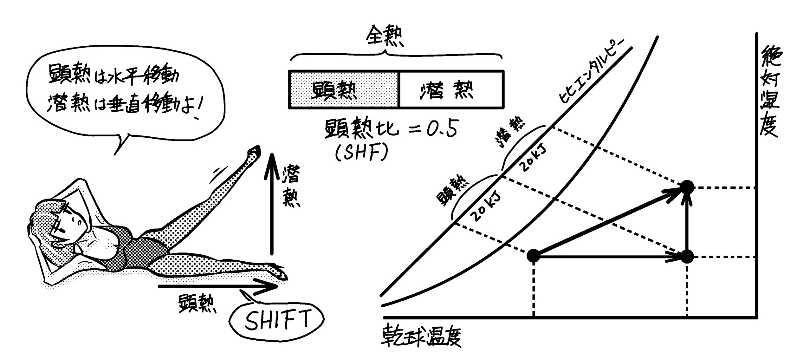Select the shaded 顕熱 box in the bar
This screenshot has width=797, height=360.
(344, 89)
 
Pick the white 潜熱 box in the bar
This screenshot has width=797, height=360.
(451, 89)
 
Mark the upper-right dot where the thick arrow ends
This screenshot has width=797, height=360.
(687, 187)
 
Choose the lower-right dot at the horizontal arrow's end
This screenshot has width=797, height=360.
(687, 256)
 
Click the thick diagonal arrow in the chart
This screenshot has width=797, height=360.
(609, 222)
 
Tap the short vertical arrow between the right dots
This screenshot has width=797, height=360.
(687, 222)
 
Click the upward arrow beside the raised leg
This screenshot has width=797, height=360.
(271, 203)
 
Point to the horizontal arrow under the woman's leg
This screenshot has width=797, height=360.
(219, 286)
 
